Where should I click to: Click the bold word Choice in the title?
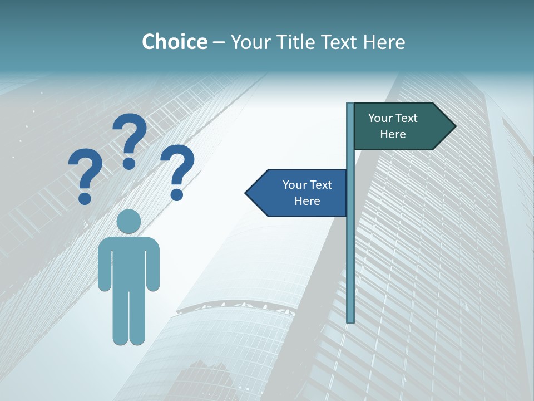174,42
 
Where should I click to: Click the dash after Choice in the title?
219,42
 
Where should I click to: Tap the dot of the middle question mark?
129,163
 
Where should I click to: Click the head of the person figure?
129,221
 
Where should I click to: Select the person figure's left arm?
104,267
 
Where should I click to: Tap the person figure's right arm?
154,267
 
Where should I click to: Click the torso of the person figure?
129,262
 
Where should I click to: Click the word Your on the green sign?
380,118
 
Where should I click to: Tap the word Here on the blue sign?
307,201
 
